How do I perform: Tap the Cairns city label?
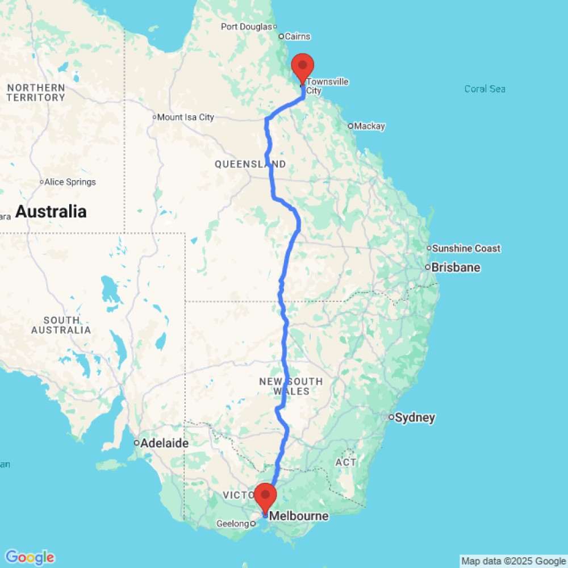pos(297,36)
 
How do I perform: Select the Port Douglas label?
pos(247,27)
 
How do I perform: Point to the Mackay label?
pos(369,126)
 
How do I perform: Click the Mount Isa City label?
pos(185,118)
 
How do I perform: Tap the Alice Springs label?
pos(70,182)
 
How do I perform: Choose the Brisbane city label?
pos(456,268)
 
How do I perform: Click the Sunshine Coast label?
pos(466,248)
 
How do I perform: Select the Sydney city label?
pos(415,418)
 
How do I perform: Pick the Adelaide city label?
pos(164,444)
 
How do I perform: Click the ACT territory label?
pos(345,462)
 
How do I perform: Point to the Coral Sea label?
pos(485,89)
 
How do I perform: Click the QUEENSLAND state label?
pos(250,164)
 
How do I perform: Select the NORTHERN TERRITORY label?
pos(36,93)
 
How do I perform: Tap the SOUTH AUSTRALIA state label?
pos(61,325)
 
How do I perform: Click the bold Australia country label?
pos(51,212)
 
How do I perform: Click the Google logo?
pos(29,557)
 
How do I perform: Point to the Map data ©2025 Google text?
pos(513,561)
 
